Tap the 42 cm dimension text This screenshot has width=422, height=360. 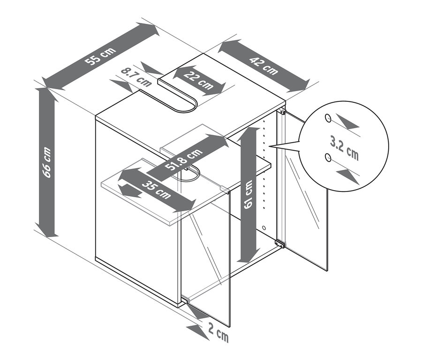coord(264,66)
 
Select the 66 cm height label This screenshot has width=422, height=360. coord(47,162)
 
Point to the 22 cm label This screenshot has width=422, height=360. coord(199,80)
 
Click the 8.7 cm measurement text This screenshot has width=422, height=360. coord(136,77)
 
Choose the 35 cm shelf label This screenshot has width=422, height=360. coord(156,190)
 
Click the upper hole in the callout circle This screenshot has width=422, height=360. coord(328,118)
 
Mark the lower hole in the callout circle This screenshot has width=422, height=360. coord(328,157)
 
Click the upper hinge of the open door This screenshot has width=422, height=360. coord(282,111)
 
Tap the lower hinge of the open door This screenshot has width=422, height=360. coord(280,244)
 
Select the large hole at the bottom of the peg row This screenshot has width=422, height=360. coord(264,228)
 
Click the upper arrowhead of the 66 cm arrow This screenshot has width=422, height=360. coord(47,94)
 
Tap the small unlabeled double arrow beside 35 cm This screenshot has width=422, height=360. coord(131,191)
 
